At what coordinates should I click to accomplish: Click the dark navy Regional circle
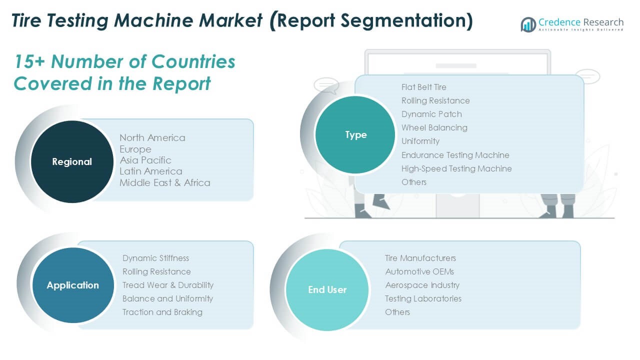(72, 161)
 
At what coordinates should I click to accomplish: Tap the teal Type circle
(355, 134)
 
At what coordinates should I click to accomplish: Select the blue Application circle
(73, 285)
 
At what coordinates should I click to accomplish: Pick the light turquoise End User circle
(327, 289)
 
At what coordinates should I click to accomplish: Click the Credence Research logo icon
(528, 24)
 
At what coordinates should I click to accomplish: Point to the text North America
(152, 137)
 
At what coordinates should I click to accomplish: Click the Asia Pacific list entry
(145, 160)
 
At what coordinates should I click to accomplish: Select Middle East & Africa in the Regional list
(165, 182)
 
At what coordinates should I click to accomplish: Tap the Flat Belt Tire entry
(423, 87)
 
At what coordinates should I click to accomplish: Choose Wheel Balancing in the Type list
(434, 127)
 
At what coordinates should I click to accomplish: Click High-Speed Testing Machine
(456, 168)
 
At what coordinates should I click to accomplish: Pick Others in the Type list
(413, 182)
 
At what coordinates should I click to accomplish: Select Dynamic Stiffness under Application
(155, 258)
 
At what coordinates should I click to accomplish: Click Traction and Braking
(162, 312)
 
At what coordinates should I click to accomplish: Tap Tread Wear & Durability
(167, 285)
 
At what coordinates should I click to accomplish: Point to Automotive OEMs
(419, 271)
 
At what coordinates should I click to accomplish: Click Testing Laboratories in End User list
(423, 298)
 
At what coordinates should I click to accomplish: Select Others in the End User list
(397, 312)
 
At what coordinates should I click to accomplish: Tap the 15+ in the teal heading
(29, 61)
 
